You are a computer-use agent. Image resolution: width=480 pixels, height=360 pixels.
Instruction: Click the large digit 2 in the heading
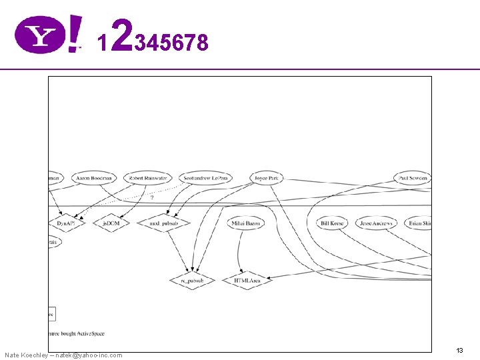121,36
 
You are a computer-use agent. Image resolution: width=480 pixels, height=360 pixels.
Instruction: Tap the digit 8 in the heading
202,43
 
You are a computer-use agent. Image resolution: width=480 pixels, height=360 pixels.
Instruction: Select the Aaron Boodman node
94,178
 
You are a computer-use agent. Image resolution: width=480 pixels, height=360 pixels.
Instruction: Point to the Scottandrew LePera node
205,178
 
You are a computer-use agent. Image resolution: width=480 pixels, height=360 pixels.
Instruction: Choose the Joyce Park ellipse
267,178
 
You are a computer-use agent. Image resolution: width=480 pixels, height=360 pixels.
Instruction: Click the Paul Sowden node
412,178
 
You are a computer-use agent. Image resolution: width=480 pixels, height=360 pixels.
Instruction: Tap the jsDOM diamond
111,223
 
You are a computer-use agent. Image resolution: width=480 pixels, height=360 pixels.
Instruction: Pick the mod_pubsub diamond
163,223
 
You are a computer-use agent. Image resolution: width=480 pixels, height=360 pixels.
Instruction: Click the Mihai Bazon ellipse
245,223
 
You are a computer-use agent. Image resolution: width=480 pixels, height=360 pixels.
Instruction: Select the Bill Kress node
332,223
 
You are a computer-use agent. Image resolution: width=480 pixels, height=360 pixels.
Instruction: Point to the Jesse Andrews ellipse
376,223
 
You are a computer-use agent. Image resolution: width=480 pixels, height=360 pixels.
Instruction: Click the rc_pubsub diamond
192,281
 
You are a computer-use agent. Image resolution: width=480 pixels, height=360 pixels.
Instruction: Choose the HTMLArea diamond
247,281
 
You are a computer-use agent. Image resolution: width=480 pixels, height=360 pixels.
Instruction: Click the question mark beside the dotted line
152,197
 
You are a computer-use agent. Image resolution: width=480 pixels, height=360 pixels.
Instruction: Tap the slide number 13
459,350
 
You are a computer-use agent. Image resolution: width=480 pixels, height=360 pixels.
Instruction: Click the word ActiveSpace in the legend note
91,333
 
